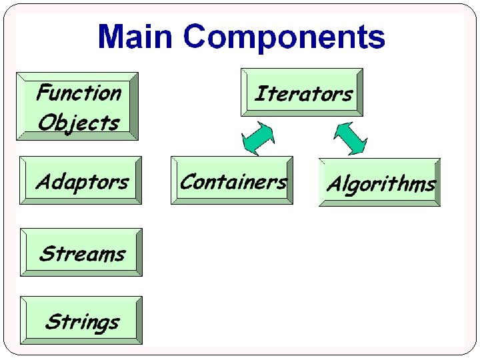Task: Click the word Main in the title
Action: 136,37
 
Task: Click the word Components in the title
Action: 285,37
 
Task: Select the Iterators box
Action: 301,93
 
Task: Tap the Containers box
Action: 232,181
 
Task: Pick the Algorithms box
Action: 379,183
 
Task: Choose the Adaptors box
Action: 81,181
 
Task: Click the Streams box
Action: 81,253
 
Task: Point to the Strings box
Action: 81,321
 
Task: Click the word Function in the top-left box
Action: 78,92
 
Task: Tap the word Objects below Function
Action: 78,122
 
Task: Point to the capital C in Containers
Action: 187,181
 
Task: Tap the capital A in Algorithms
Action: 334,184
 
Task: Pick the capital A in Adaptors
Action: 44,181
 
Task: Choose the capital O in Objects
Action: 47,123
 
